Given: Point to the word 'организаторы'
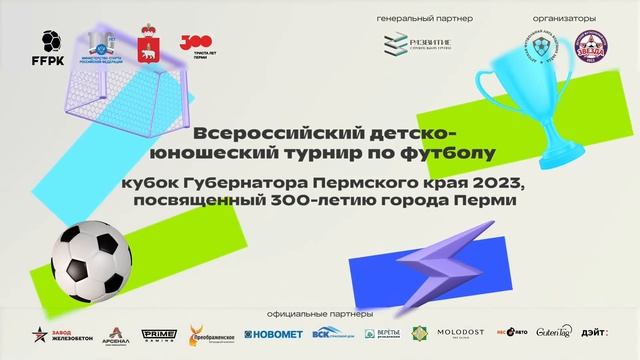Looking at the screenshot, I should (x=565, y=19).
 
